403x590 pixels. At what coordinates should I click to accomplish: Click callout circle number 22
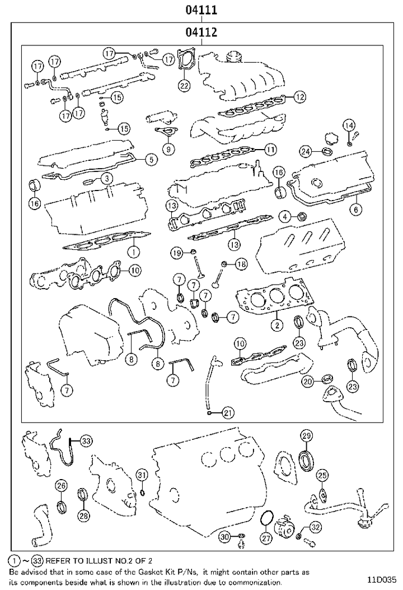point(184,85)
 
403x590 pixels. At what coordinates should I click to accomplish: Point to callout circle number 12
point(300,96)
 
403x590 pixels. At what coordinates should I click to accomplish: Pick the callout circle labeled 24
point(305,151)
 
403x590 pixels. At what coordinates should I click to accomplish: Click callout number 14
point(349,125)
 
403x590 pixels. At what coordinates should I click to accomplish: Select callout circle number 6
point(357,210)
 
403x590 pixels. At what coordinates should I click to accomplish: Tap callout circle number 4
point(285,216)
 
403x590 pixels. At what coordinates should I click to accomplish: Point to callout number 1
point(134,250)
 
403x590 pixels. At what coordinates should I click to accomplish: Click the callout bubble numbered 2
point(277,323)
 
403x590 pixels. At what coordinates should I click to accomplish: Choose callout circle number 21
point(227,413)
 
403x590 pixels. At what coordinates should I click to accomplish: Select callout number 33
point(85,442)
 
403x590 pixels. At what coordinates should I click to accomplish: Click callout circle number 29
point(306,436)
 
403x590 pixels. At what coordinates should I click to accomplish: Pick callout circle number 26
point(61,485)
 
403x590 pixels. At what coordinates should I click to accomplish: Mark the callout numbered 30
point(224,537)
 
